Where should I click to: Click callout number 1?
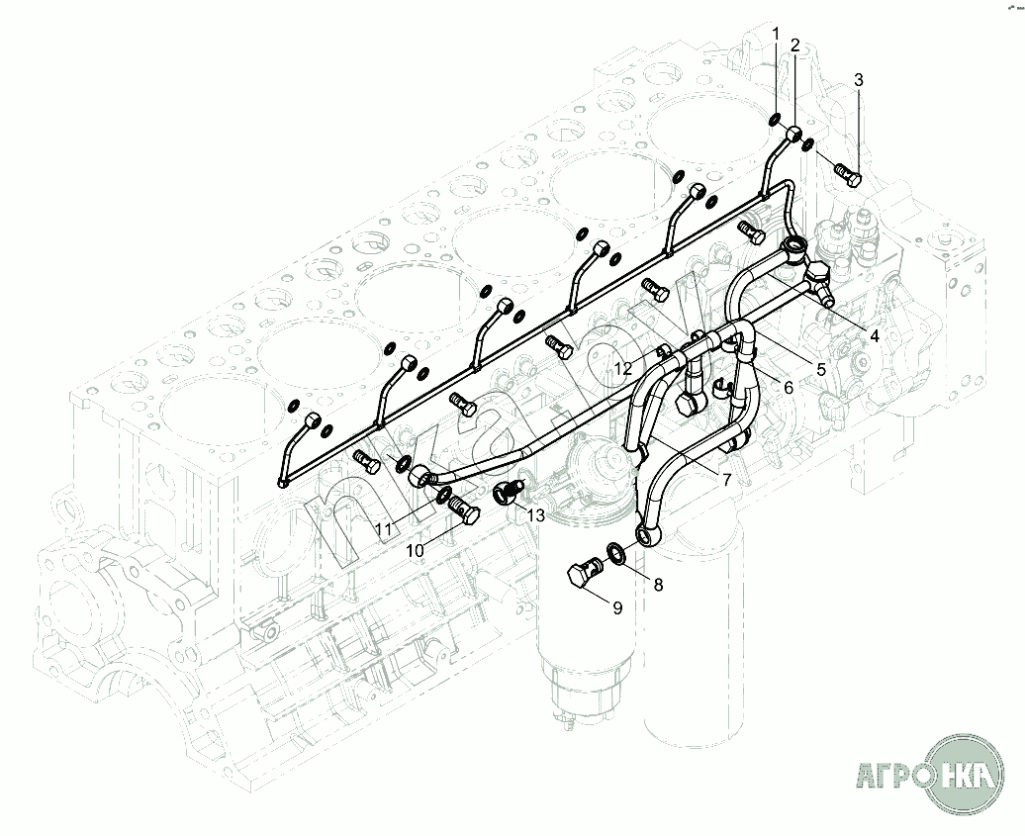777,34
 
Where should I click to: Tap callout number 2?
794,46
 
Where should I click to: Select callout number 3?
859,79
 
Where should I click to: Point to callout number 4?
875,335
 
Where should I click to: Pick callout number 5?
820,369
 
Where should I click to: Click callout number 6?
788,388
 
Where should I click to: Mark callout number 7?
726,480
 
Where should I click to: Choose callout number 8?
658,585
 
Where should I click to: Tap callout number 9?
617,608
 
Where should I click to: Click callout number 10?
416,549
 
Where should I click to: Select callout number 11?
383,529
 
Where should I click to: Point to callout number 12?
621,369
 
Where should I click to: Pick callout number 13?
535,514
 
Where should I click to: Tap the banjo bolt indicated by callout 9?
585,574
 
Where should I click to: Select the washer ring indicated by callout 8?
613,552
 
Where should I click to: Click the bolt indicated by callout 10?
464,508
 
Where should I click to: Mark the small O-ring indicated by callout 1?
771,121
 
